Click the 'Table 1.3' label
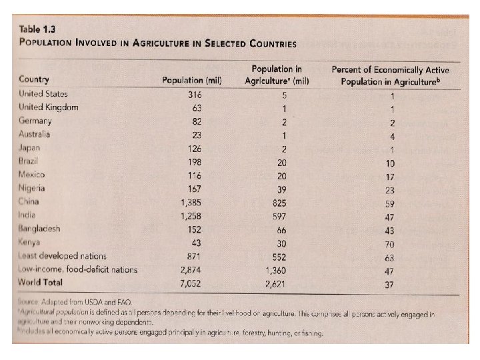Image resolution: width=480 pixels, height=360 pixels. point(38,29)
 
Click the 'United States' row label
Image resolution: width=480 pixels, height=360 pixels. point(43,94)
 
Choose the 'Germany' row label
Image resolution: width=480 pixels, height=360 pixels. point(35,121)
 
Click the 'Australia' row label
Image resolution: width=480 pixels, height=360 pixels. point(35,134)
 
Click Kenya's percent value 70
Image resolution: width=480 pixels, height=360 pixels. point(391,244)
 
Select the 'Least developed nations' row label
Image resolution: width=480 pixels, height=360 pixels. point(63,256)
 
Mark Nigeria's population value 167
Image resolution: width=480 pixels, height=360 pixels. point(194,188)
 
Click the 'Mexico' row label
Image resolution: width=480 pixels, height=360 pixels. point(31,174)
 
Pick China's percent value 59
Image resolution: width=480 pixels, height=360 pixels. point(391,203)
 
